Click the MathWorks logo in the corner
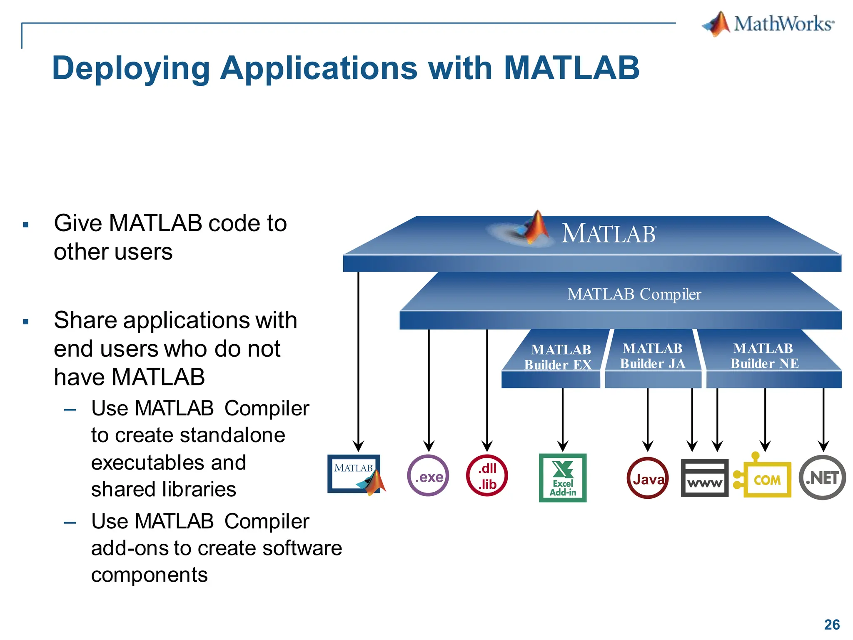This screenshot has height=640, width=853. click(768, 24)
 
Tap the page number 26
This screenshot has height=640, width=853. click(832, 625)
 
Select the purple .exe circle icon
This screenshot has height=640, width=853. click(428, 476)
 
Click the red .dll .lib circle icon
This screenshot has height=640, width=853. click(487, 476)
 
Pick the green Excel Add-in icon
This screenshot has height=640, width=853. click(563, 478)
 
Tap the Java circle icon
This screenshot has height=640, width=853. click(648, 478)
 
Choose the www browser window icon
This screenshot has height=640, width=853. click(705, 478)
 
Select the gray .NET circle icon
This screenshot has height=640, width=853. click(822, 477)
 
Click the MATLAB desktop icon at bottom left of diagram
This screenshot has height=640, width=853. click(355, 474)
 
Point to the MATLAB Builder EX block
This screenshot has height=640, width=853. click(558, 357)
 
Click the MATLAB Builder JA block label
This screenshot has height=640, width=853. click(653, 356)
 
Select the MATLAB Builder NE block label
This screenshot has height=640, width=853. click(764, 356)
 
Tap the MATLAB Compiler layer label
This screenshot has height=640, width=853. click(634, 294)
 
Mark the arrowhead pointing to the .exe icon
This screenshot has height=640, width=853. click(429, 446)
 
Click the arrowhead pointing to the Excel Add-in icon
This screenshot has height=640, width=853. click(563, 446)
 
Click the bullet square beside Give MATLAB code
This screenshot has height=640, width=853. click(26, 225)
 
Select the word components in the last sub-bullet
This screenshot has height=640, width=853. click(149, 575)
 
